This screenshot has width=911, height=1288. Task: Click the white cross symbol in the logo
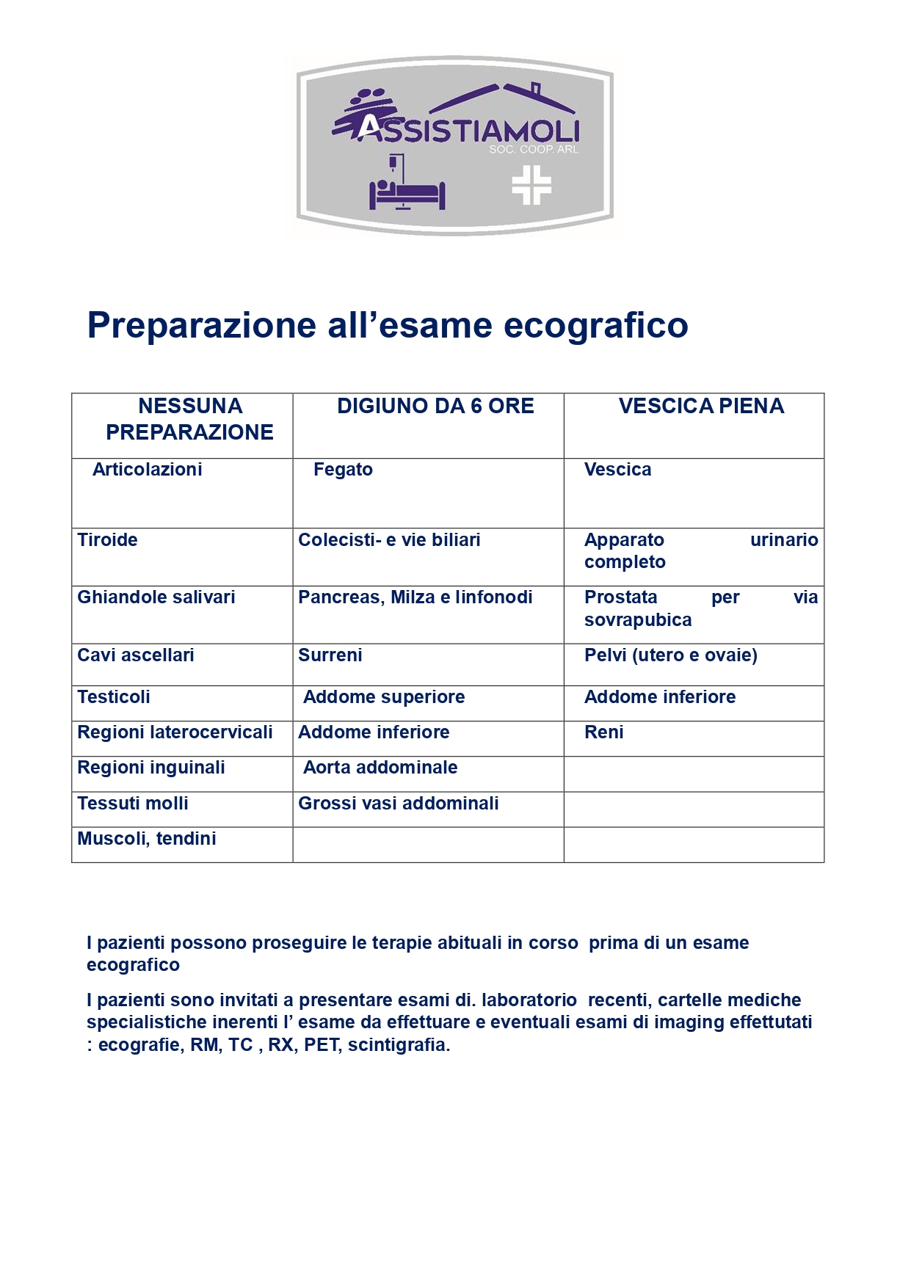(531, 185)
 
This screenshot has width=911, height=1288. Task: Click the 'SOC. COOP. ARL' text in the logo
(534, 150)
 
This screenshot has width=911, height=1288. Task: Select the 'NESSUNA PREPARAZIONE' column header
(189, 419)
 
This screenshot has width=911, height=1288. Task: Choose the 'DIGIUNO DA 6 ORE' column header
(435, 407)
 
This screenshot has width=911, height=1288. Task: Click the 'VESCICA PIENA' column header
(701, 407)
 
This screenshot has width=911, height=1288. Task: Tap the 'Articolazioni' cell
(147, 470)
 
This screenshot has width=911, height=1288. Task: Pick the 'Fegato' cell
(343, 470)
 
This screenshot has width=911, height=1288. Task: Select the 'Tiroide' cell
(108, 540)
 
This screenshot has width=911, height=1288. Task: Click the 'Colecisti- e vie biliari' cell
(389, 540)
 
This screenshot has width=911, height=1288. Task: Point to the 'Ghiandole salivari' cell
(156, 597)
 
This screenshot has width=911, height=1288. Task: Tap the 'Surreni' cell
(330, 655)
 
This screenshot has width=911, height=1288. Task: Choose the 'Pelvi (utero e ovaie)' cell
(670, 655)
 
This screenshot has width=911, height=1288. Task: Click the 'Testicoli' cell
(114, 697)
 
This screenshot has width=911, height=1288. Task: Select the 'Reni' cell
(603, 732)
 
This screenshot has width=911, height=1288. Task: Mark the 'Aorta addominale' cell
(380, 768)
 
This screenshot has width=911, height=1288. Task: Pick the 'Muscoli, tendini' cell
(147, 839)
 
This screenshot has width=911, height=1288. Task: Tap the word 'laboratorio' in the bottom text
(529, 1000)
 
